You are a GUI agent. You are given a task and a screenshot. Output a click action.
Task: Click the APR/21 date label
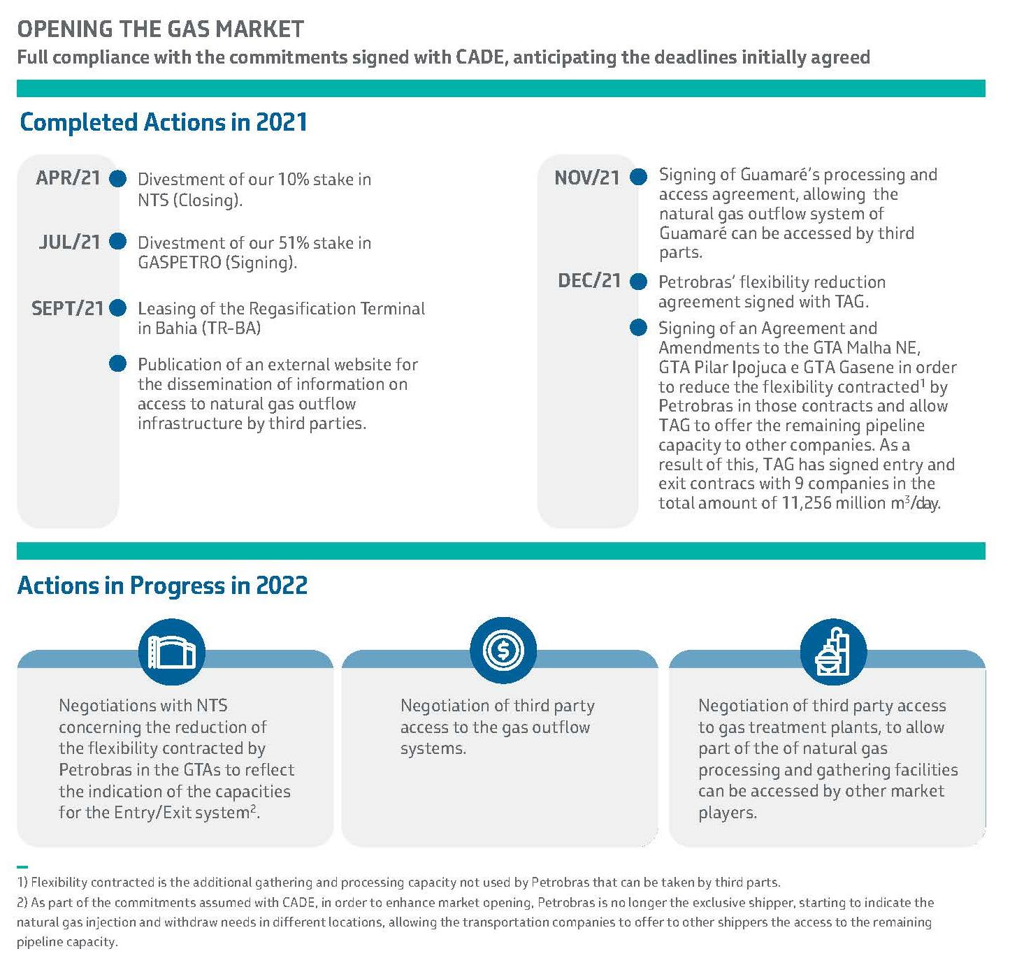pyautogui.click(x=68, y=179)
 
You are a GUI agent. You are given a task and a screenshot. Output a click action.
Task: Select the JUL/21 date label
pyautogui.click(x=70, y=242)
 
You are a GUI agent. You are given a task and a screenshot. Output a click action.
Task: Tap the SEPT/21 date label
pyautogui.click(x=68, y=308)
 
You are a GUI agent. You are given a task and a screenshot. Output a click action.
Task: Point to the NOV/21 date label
pyautogui.click(x=587, y=178)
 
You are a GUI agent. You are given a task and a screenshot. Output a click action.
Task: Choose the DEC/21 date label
pyautogui.click(x=589, y=282)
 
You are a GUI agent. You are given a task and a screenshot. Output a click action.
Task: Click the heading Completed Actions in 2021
pyautogui.click(x=164, y=122)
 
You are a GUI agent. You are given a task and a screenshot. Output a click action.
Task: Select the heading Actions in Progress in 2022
pyautogui.click(x=162, y=585)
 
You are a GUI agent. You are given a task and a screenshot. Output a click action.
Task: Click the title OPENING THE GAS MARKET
pyautogui.click(x=161, y=29)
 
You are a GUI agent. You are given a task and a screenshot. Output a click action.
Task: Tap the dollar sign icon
pyautogui.click(x=503, y=651)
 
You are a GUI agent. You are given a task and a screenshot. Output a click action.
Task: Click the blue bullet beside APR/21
pyautogui.click(x=118, y=179)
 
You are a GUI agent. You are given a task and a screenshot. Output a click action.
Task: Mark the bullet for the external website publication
pyautogui.click(x=118, y=363)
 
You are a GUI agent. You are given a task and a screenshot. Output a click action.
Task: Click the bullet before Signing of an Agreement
pyautogui.click(x=638, y=328)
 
